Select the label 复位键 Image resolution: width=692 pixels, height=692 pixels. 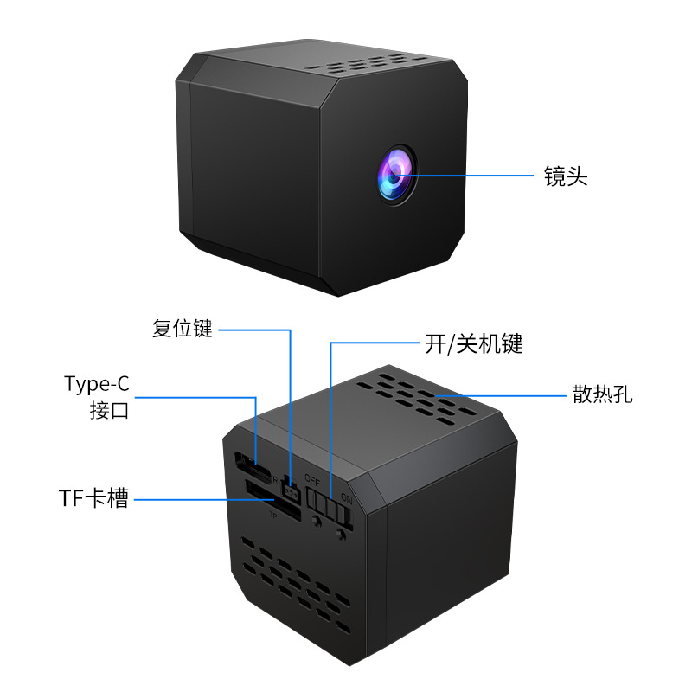click(x=183, y=330)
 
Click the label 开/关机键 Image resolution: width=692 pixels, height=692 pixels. click(x=474, y=344)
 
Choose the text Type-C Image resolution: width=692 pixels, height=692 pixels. click(x=96, y=384)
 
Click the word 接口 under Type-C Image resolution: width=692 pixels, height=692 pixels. click(x=109, y=410)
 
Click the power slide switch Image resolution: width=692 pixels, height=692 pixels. click(x=330, y=507)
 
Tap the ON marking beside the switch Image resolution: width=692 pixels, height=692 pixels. click(x=347, y=498)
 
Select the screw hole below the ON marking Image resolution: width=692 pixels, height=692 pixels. click(x=342, y=535)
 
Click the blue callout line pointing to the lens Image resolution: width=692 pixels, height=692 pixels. click(x=467, y=176)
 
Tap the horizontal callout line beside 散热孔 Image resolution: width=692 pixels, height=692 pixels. click(x=502, y=396)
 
